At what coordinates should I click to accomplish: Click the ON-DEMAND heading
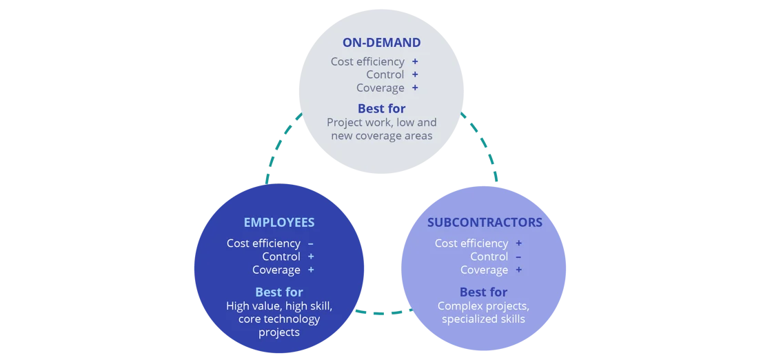pyautogui.click(x=381, y=43)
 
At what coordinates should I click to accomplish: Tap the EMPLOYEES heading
pyautogui.click(x=278, y=222)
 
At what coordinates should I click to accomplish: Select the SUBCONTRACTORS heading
pyautogui.click(x=484, y=222)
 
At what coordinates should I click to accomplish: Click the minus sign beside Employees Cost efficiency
pyautogui.click(x=311, y=243)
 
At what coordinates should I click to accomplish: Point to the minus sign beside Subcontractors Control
pyautogui.click(x=518, y=257)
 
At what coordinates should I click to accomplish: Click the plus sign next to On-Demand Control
pyautogui.click(x=415, y=74)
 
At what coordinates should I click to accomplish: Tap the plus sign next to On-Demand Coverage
pyautogui.click(x=415, y=88)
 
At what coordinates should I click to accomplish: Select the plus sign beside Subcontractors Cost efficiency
pyautogui.click(x=518, y=243)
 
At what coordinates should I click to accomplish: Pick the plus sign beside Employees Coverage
pyautogui.click(x=311, y=270)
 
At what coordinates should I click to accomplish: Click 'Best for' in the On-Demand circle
pyautogui.click(x=381, y=108)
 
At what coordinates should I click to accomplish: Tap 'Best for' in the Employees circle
pyautogui.click(x=278, y=292)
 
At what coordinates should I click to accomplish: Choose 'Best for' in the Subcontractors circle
pyautogui.click(x=483, y=292)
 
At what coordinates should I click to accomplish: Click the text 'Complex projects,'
pyautogui.click(x=483, y=306)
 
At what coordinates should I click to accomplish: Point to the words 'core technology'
pyautogui.click(x=278, y=319)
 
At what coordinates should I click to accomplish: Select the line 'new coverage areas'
pyautogui.click(x=381, y=135)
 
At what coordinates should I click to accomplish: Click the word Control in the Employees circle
pyautogui.click(x=281, y=257)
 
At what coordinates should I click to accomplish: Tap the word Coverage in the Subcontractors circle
pyautogui.click(x=484, y=270)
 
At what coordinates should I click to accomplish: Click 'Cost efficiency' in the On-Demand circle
pyautogui.click(x=367, y=61)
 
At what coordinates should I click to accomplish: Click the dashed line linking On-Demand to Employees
pyautogui.click(x=283, y=148)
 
